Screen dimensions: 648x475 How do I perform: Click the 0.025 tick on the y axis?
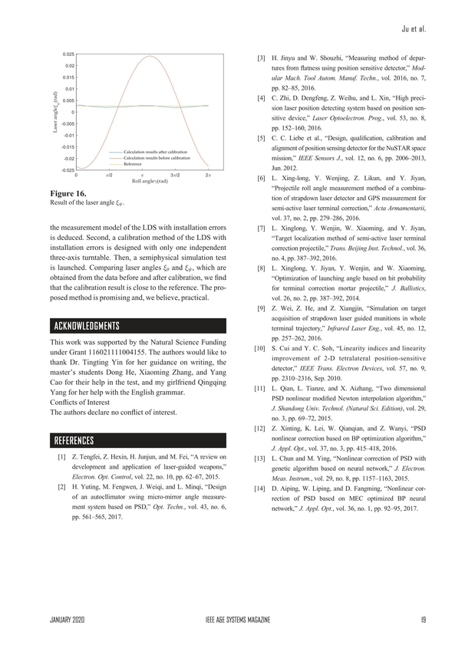click(68, 54)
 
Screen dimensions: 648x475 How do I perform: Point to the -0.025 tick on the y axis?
click(68, 169)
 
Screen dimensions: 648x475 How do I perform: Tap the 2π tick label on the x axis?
click(208, 176)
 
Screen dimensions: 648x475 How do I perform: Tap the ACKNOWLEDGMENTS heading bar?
click(137, 324)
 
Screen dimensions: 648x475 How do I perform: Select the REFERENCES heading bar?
click(137, 440)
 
